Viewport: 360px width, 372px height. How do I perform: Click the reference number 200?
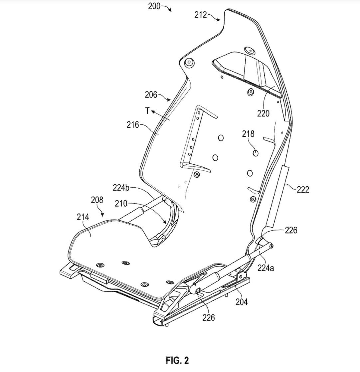[x=154, y=6]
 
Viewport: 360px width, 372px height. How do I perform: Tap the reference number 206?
[x=151, y=94]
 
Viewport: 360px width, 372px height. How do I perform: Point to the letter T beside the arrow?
[x=147, y=111]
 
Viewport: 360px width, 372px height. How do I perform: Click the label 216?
[x=133, y=125]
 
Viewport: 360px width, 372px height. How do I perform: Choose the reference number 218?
[x=248, y=134]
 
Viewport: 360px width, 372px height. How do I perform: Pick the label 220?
[x=263, y=113]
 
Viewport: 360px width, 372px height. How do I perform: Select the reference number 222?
[x=302, y=189]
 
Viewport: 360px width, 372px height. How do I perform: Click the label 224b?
[x=121, y=188]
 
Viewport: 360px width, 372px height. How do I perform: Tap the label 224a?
[x=265, y=267]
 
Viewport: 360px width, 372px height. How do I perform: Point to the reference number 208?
[x=97, y=200]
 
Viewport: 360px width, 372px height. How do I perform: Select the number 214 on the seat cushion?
[x=83, y=217]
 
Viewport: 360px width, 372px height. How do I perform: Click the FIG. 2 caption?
[x=177, y=360]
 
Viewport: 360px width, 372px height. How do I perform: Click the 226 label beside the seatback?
[x=290, y=230]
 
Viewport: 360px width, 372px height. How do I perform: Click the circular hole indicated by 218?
[x=256, y=153]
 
